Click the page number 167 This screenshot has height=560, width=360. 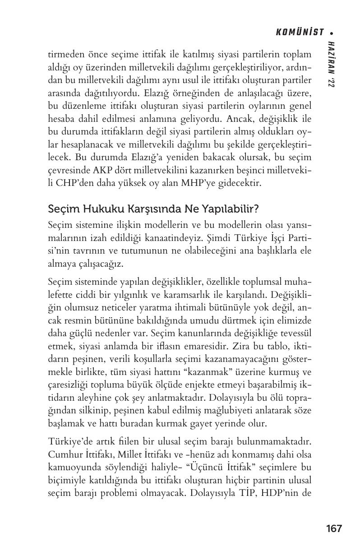coord(333,528)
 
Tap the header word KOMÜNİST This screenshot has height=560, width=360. coord(300,32)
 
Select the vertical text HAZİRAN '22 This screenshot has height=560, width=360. coord(332,63)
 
